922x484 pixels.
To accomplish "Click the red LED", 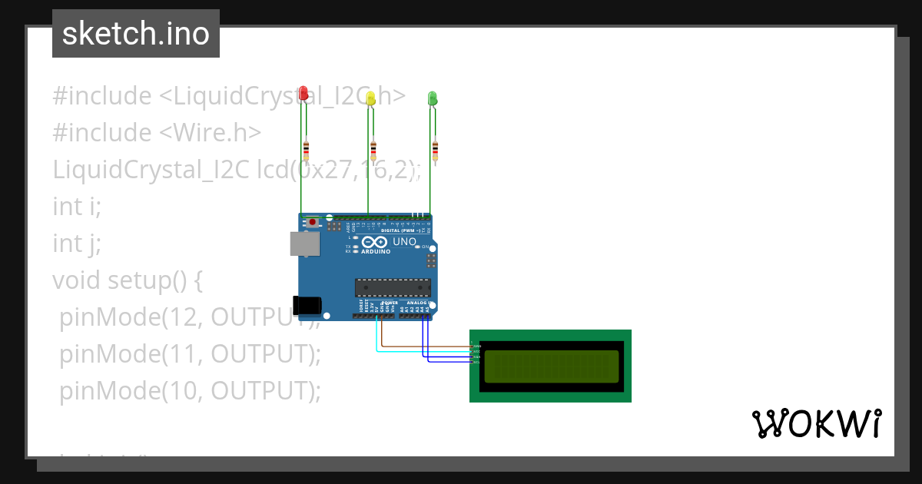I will pos(303,93).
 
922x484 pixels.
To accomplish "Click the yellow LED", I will pos(370,98).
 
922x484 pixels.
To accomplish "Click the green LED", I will pos(432,98).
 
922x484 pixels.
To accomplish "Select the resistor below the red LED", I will pos(307,149).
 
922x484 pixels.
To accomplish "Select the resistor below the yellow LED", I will pos(373,149).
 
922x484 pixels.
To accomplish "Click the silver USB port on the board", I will pos(303,244).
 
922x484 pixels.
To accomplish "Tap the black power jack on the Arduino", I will pos(307,305).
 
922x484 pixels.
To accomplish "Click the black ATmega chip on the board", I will pos(392,288).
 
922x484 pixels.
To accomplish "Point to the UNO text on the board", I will pos(404,242).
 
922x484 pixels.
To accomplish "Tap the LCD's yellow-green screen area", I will pos(551,366).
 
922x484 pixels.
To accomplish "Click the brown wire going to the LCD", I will pos(423,346).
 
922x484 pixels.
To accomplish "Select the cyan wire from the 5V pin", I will pos(415,351).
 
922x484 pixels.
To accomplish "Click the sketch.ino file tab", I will pos(136,34).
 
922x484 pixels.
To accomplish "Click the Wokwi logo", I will pos(816,423).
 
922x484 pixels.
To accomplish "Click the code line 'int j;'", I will pos(77,244).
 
